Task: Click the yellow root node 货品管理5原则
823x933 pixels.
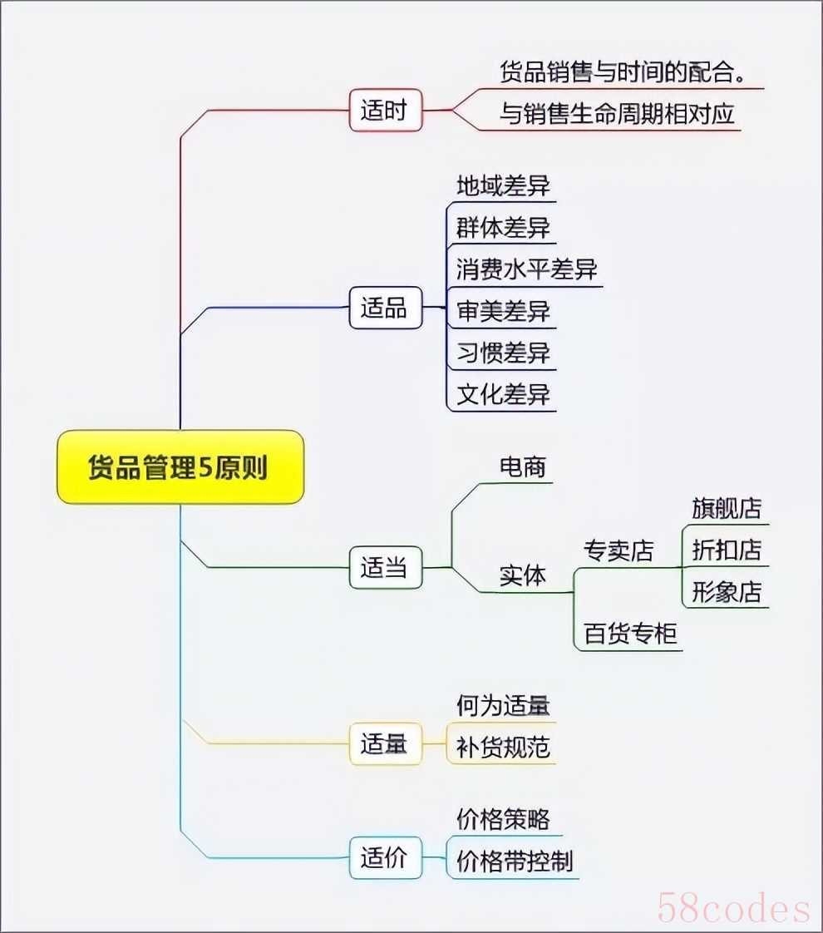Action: point(180,467)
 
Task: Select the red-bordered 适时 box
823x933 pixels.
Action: point(386,110)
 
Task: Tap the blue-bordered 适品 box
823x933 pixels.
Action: point(386,308)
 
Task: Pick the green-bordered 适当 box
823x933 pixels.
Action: point(386,568)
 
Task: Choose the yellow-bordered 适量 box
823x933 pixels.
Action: point(386,743)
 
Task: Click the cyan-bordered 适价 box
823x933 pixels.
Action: point(386,857)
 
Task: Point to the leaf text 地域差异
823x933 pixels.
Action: point(503,185)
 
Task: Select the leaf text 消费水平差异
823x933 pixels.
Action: point(527,269)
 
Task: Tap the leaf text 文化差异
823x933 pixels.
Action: point(503,394)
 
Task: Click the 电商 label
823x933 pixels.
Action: point(523,467)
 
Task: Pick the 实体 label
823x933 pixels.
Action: point(523,575)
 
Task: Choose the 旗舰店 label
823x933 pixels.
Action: point(727,508)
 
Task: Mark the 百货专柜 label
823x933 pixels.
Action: point(630,633)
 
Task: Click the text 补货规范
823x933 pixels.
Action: point(503,748)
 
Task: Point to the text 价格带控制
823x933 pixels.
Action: point(515,861)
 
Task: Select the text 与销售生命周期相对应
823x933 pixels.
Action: point(617,113)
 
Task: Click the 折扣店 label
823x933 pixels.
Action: point(727,550)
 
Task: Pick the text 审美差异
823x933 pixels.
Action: point(503,311)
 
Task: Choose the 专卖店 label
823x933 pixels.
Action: point(618,550)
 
